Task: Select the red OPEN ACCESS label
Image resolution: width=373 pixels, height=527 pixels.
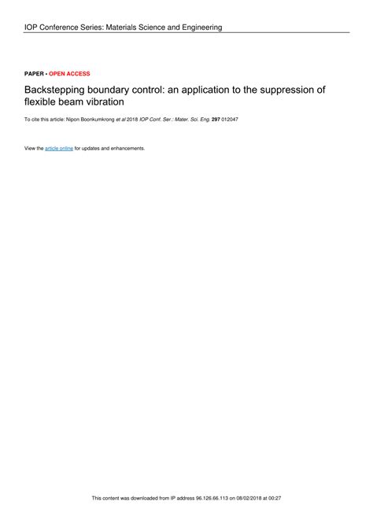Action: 69,73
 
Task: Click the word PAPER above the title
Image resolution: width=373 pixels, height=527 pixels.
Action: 35,73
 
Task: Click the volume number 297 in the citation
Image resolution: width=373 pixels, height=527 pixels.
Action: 216,120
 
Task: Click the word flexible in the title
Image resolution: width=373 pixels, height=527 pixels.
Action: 41,102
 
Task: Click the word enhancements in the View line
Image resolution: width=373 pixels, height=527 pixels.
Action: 125,148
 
